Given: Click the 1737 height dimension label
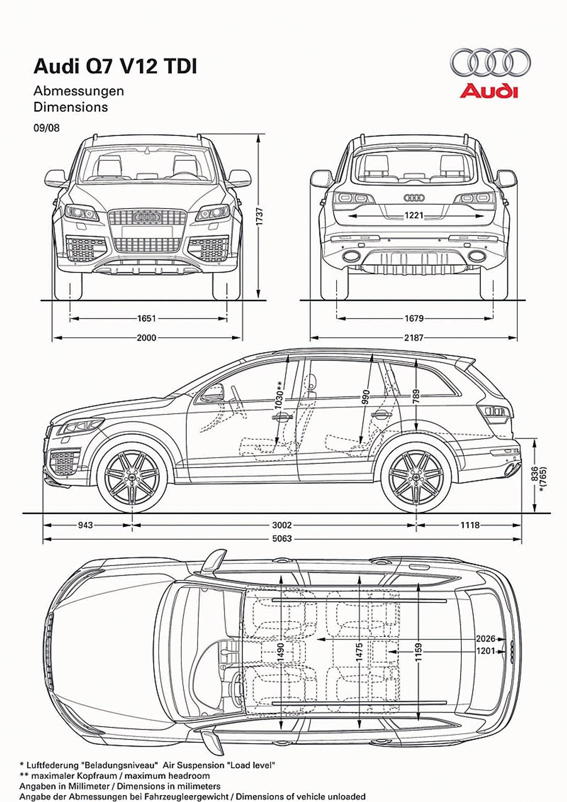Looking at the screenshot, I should [x=260, y=217].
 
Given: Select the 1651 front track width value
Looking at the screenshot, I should [x=146, y=318].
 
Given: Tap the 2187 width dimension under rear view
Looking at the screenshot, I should [x=414, y=338].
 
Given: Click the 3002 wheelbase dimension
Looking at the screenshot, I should [x=281, y=525].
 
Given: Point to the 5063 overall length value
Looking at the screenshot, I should [x=281, y=539].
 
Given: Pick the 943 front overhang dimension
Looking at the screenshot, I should [x=85, y=525].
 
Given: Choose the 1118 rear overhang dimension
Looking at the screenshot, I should [x=470, y=525].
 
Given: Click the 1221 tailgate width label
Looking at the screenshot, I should [x=414, y=216].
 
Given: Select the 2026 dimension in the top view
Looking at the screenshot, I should [x=485, y=639].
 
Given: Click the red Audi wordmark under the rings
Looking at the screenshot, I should [x=489, y=91].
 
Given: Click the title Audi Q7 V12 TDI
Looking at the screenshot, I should [x=115, y=66].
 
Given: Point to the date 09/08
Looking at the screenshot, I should [x=47, y=128].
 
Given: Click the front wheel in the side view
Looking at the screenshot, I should [x=132, y=477].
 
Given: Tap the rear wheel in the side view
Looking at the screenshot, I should [x=416, y=477].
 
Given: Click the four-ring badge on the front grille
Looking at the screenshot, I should [x=147, y=217].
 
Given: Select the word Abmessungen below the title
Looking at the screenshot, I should [x=79, y=91].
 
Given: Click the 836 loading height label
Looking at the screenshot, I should [x=534, y=474].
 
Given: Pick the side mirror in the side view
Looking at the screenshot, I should [x=213, y=393].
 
